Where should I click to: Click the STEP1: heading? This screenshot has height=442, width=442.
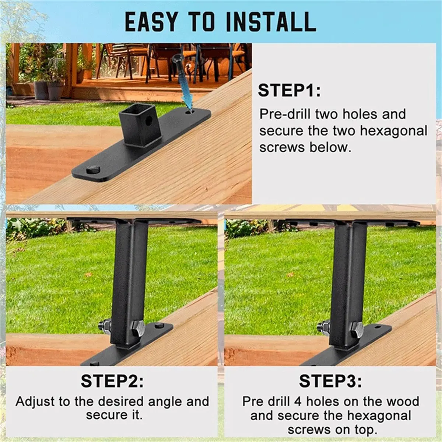289,91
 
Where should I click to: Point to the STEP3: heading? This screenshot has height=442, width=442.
330,381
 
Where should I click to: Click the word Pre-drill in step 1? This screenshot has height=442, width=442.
285,114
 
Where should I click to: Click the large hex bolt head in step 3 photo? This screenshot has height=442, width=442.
355,328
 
